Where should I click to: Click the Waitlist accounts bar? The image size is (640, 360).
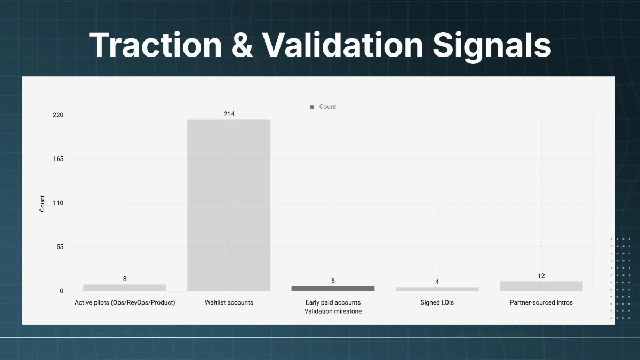(229, 205)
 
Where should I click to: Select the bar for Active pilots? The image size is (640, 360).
(125, 287)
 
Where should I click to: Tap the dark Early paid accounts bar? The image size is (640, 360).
(333, 288)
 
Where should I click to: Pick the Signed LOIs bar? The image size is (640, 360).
(437, 289)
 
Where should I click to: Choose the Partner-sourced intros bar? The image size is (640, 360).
(541, 286)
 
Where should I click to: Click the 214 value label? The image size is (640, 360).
(229, 114)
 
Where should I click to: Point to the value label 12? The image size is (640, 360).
(541, 276)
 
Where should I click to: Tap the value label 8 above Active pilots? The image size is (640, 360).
(125, 279)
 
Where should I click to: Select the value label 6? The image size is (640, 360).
(333, 281)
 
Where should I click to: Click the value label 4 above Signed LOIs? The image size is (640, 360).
(437, 282)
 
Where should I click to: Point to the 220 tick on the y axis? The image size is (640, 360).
(58, 115)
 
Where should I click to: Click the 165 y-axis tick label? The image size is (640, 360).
(58, 159)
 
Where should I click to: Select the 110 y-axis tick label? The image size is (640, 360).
(58, 203)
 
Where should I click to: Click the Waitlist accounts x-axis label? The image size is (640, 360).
(229, 302)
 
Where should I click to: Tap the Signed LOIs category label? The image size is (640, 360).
(437, 302)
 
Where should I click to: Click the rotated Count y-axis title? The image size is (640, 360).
(43, 203)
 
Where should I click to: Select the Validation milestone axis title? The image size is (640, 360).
(333, 311)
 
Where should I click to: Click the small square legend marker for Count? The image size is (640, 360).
(312, 107)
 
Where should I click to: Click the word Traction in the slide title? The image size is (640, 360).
(155, 45)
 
